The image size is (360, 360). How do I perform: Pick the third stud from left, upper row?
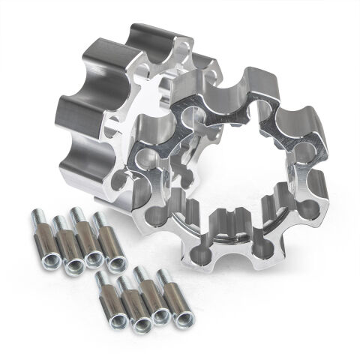pyautogui.click(x=88, y=238)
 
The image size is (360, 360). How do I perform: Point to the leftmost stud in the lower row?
pyautogui.click(x=107, y=297)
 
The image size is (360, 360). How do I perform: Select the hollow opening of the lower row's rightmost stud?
pyautogui.click(x=182, y=318)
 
